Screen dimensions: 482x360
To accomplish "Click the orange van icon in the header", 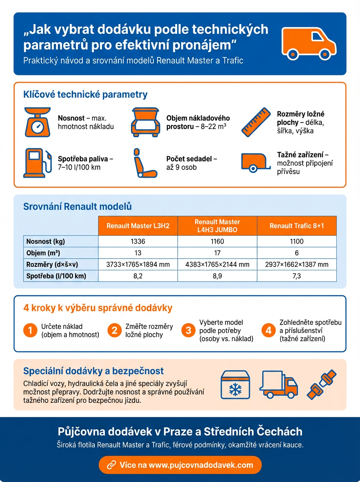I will point(309,43).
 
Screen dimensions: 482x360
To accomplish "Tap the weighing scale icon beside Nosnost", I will point(37,122).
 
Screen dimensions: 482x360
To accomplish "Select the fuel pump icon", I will point(37,162).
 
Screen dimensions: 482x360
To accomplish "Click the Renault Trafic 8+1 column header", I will point(297,226).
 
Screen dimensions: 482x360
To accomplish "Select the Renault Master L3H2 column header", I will point(138,226).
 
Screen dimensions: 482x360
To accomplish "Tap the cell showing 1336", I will point(138,241).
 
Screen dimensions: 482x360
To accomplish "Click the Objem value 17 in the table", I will point(217,253).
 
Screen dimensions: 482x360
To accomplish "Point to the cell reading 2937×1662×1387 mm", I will point(297,264).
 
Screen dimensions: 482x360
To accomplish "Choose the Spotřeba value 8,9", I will point(217,276).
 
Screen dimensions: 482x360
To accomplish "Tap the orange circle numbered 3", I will point(188,331).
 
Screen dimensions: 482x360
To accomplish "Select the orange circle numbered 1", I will point(30,331).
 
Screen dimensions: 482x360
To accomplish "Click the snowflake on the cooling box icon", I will point(235,388).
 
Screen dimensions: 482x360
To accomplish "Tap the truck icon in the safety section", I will point(279,384).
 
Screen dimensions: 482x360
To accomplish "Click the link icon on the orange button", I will point(111,465).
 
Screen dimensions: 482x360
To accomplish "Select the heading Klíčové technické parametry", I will point(86,95).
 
